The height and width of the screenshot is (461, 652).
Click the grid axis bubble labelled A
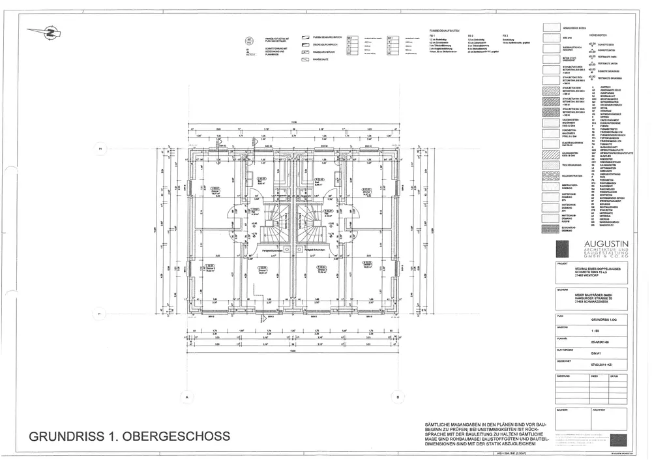pyautogui.click(x=186, y=396)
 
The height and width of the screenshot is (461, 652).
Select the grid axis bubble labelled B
pyautogui.click(x=397, y=396)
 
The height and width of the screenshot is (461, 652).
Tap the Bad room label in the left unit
pyautogui.click(x=260, y=179)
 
